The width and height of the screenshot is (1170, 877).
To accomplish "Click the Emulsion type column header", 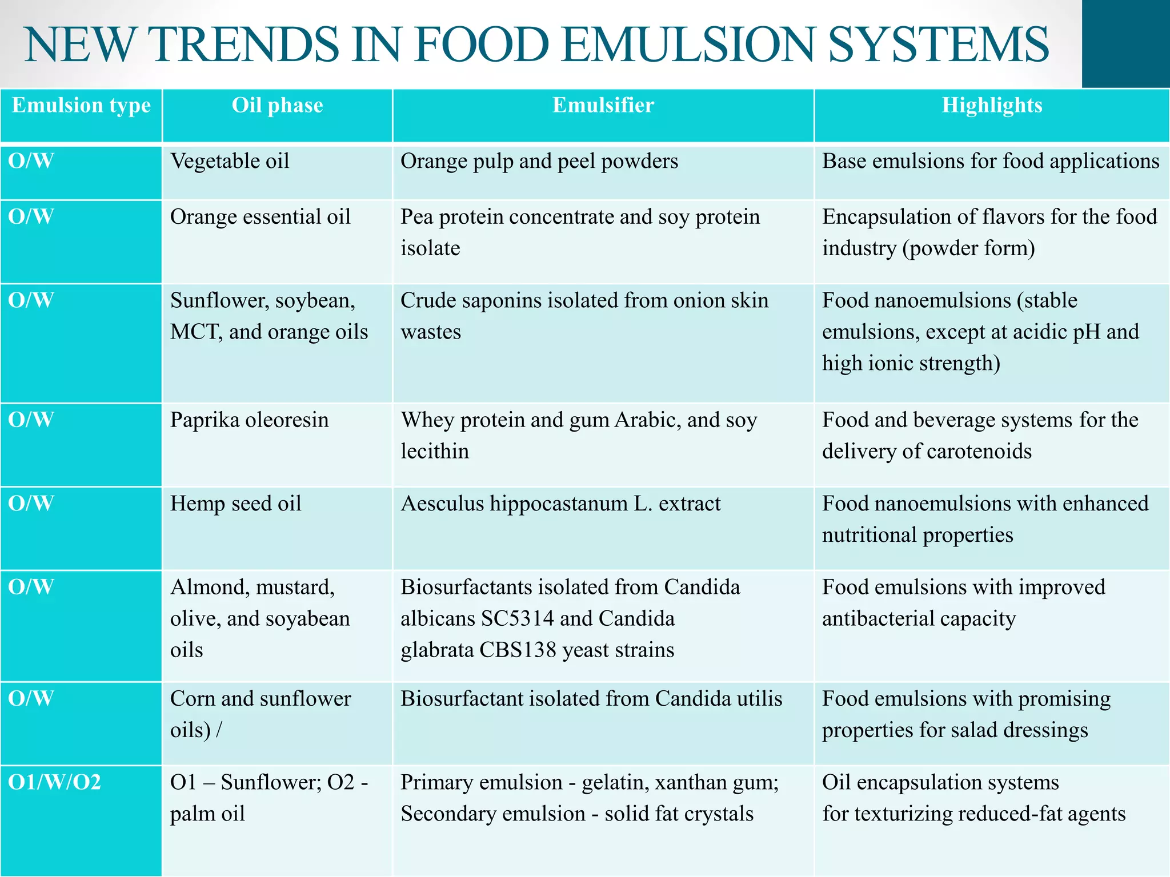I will (x=81, y=106).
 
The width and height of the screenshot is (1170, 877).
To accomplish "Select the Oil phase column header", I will (x=277, y=106).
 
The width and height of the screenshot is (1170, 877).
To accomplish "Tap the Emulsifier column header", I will (x=603, y=106).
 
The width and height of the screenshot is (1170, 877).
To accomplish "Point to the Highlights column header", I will (x=992, y=106).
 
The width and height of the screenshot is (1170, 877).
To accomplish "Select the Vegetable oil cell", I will (x=230, y=162).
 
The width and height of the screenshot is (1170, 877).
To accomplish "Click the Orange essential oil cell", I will (x=260, y=217).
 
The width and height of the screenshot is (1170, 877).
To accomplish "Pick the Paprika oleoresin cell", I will (x=250, y=420).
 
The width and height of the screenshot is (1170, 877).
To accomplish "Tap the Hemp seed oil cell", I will (x=235, y=504).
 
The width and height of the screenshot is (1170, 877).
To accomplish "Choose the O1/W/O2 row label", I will (x=55, y=782).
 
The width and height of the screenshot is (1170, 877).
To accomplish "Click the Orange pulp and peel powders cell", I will (x=539, y=162).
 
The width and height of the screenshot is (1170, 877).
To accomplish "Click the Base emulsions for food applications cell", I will (x=991, y=162).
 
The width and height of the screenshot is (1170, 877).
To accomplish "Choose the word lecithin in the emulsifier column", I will (x=435, y=452).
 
